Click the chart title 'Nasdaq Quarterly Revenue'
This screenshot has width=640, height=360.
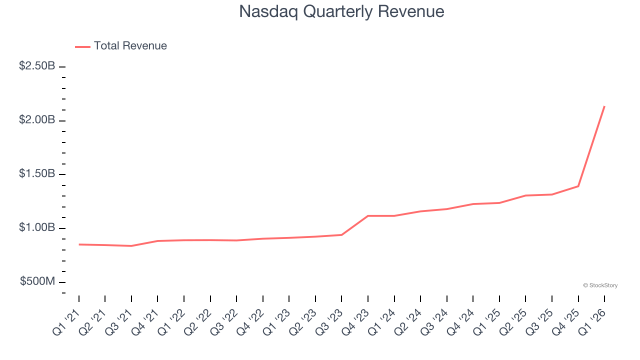click(x=341, y=11)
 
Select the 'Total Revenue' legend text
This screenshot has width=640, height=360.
click(x=130, y=46)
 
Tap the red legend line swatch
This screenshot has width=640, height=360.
click(x=82, y=46)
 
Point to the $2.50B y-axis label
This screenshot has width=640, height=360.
click(x=37, y=66)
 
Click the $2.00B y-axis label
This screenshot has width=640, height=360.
click(x=37, y=120)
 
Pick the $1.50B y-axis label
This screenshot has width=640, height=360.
click(x=37, y=174)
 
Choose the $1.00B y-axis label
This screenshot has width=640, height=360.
click(x=37, y=228)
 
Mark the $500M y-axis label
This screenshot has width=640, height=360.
click(x=37, y=281)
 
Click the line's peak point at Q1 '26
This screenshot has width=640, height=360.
click(x=604, y=106)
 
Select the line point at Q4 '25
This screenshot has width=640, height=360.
click(x=578, y=186)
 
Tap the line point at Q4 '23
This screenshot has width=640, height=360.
click(x=368, y=216)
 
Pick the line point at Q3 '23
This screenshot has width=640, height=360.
click(x=341, y=234)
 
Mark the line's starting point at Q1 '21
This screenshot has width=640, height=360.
click(x=79, y=244)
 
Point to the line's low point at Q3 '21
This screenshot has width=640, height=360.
click(x=131, y=246)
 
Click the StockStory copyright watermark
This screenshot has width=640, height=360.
click(x=600, y=285)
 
